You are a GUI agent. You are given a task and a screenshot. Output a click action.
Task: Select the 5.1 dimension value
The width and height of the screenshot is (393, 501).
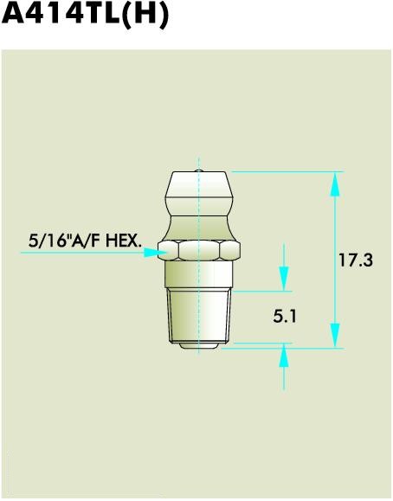[286, 317]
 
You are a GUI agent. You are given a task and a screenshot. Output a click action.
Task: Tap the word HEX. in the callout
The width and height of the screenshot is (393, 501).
[123, 239]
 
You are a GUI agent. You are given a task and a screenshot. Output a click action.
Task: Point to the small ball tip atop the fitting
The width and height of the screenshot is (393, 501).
[200, 171]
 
